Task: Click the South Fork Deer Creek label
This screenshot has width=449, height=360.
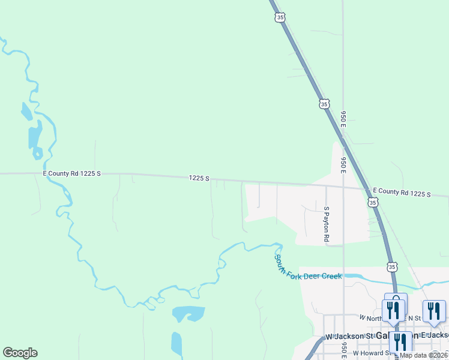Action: point(308,268)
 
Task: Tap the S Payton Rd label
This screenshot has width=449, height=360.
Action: point(327,224)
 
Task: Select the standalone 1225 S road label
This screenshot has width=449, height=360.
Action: point(199,178)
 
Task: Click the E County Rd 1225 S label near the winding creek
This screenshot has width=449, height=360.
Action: point(72,173)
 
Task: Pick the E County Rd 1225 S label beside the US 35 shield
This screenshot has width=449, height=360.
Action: point(402,193)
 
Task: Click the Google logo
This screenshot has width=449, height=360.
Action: point(20,353)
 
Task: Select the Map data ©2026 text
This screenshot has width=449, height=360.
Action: point(424,355)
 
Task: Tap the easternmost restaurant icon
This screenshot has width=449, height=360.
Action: point(434,311)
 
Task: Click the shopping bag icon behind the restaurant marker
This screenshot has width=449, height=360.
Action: point(396,298)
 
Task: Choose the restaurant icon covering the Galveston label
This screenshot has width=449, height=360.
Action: point(400,342)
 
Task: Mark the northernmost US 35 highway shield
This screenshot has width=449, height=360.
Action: point(280,18)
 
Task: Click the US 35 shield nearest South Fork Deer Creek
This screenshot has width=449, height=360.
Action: point(392,266)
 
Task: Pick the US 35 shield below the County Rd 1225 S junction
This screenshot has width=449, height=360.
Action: point(373,203)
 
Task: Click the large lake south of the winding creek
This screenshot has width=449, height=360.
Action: point(188,314)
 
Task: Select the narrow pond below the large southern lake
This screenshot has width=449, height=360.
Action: point(176,344)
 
